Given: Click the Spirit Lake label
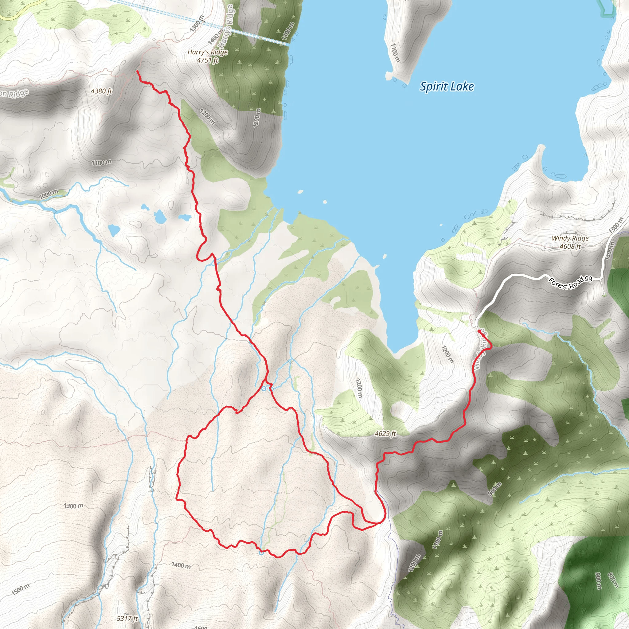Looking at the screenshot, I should (x=447, y=87).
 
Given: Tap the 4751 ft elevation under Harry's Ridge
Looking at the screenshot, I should (x=208, y=60).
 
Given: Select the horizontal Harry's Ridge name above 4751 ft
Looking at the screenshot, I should (x=208, y=52).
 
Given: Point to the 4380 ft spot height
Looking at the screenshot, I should (x=101, y=91).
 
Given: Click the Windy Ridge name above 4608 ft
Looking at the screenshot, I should (x=570, y=238).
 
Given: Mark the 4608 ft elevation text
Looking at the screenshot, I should (x=570, y=246).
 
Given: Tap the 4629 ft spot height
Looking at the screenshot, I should (x=385, y=434).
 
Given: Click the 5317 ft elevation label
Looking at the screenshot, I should (x=127, y=618).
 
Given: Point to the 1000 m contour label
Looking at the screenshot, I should (x=49, y=194).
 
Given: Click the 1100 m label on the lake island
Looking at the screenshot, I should (x=395, y=53).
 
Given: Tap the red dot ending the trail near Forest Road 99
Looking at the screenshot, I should (x=479, y=331).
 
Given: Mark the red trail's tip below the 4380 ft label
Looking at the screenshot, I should (x=137, y=71).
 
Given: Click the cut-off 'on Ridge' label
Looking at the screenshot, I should (x=14, y=93).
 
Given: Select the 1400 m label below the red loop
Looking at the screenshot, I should (x=181, y=565).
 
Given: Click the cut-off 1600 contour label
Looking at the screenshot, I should (x=201, y=627).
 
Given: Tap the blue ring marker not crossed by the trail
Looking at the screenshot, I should (x=272, y=389).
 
